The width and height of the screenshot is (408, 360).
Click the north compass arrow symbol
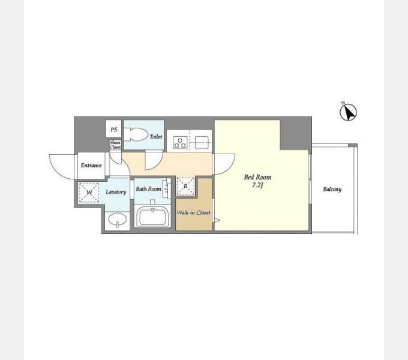tap(348, 112)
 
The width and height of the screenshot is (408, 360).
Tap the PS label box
tap(113, 129)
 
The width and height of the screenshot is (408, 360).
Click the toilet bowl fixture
tap(136, 134)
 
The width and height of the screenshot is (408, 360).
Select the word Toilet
tap(156, 137)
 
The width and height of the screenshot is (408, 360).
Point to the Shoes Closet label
tap(115, 145)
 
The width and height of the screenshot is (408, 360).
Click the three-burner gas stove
tap(180, 143)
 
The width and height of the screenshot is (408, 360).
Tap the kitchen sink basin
tap(202, 143)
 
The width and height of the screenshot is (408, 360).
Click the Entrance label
tap(91, 166)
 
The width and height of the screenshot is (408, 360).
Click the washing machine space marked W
tap(89, 193)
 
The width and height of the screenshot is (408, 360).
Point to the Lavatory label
tap(116, 192)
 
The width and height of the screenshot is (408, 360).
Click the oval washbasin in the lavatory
tap(118, 220)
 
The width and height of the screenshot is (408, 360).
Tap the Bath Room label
tap(148, 189)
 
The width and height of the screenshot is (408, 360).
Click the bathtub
tap(153, 216)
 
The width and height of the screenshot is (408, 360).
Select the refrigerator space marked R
tap(185, 186)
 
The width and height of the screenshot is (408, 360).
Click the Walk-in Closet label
tap(193, 213)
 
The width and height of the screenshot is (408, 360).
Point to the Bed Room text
tap(257, 178)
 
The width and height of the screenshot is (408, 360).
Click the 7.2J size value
tap(257, 185)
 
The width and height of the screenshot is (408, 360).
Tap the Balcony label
tap(332, 190)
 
